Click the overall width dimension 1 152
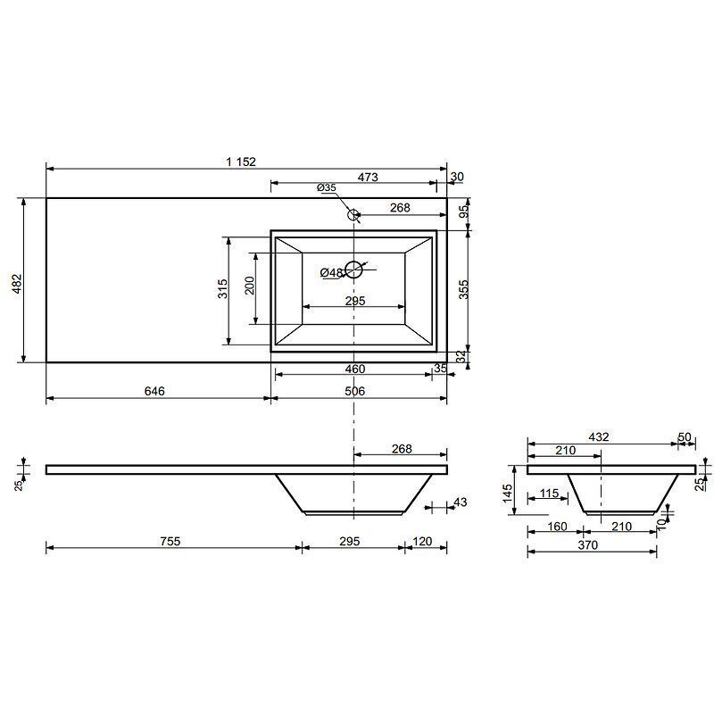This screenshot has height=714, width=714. (241, 162)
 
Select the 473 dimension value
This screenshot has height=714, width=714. (368, 177)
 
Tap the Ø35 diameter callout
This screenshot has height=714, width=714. (327, 187)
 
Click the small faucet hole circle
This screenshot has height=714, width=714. (353, 215)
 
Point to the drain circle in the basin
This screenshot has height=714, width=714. (353, 270)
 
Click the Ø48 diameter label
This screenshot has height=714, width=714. (331, 272)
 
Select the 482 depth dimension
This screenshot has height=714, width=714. (17, 283)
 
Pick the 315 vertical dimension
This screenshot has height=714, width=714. (222, 288)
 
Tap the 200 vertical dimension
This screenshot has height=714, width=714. (250, 286)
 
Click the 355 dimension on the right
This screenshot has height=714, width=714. (463, 289)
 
